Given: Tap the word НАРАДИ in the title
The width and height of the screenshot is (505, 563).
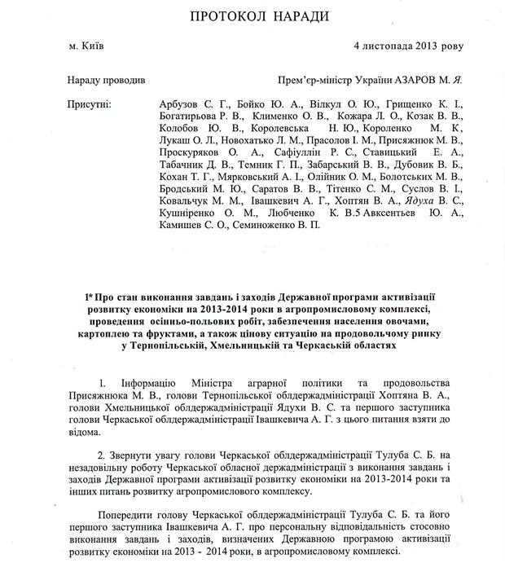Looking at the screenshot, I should [x=292, y=16].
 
